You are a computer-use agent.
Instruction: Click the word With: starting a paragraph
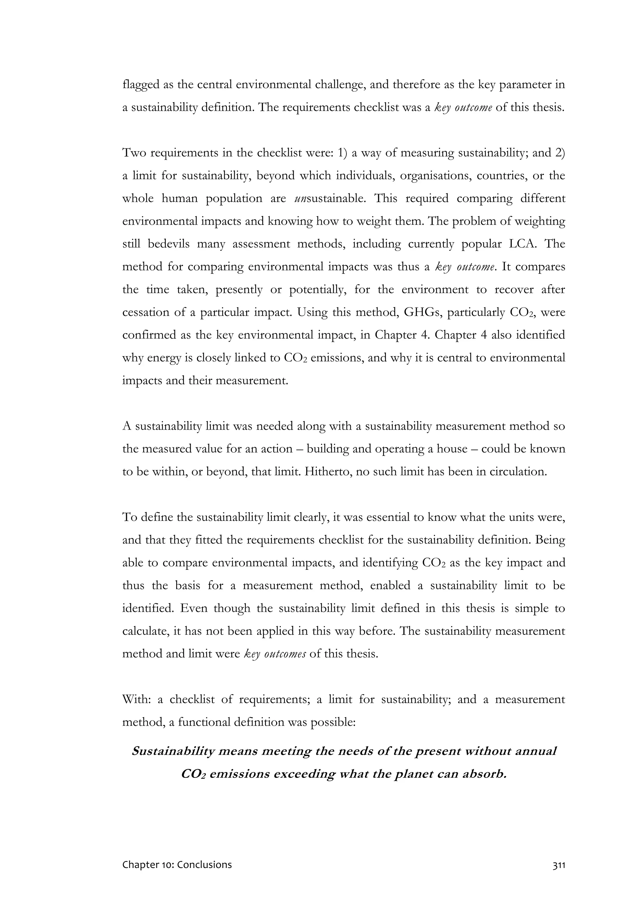tap(137, 700)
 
